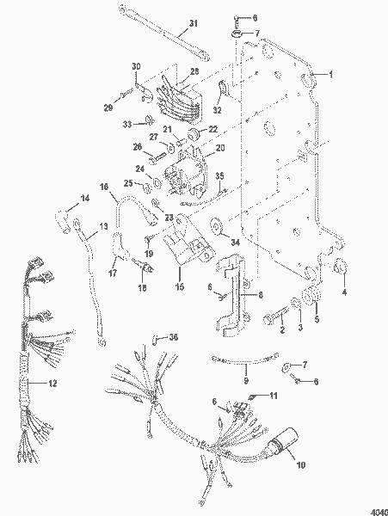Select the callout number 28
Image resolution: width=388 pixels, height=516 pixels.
point(194,71)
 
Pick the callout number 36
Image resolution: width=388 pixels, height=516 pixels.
point(173,336)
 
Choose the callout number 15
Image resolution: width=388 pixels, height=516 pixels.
point(179,286)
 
